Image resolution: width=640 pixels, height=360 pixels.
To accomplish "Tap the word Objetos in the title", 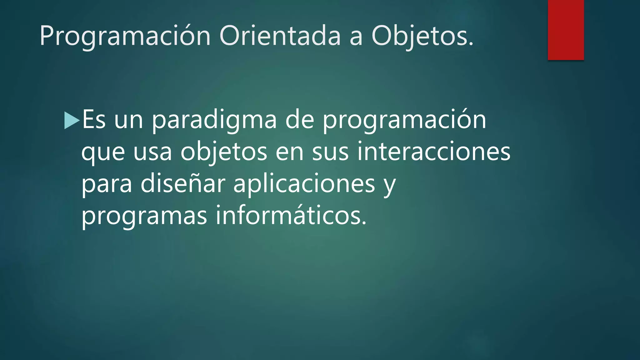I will [422, 36].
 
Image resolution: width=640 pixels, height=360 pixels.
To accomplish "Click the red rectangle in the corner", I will [566, 30].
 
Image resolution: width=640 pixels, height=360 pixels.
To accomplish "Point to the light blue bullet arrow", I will [71, 120].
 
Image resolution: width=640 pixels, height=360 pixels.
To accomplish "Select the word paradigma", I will [214, 120].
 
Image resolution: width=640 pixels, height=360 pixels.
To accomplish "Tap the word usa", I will [152, 152].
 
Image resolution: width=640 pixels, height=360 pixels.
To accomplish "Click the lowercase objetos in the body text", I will [224, 152].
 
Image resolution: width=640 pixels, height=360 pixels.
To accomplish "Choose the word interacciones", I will [434, 152].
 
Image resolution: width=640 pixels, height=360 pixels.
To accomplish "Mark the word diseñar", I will [183, 184].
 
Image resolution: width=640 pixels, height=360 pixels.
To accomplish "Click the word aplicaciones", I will [304, 184].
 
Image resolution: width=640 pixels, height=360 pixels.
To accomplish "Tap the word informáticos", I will [291, 216].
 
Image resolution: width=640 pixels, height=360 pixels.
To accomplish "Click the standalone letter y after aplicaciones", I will [390, 186].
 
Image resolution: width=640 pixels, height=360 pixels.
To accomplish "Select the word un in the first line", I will [128, 120].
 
